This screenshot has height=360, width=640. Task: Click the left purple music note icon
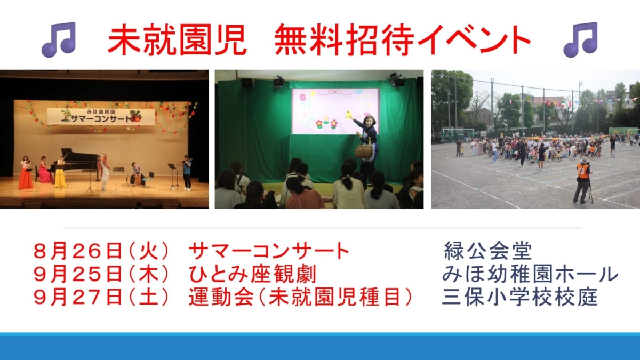(59, 39)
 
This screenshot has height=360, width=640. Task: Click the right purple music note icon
(580, 39)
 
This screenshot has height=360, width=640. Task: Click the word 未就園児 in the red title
(177, 39)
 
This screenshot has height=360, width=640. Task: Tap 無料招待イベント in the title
(402, 39)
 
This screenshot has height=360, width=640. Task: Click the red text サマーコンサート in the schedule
(269, 251)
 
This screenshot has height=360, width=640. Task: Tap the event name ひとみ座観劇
(252, 274)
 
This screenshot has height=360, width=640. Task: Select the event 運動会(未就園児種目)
(300, 297)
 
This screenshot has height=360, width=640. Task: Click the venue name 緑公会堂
(487, 251)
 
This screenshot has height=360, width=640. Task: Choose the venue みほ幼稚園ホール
(530, 274)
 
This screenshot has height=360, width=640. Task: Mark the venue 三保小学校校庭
(520, 297)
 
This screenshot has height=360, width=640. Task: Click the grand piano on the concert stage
(77, 162)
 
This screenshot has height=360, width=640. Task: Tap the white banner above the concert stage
(101, 116)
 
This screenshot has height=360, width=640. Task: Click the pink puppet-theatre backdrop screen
(335, 111)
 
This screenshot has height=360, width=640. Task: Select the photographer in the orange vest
(583, 180)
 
